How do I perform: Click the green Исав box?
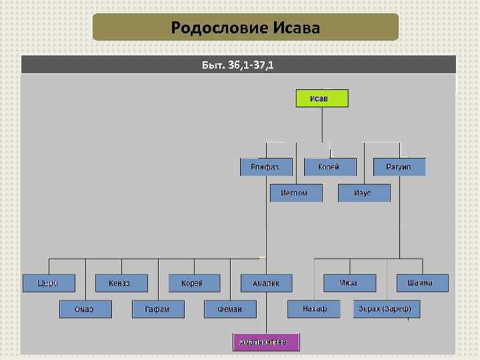point(322,99)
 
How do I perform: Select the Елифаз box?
point(266,167)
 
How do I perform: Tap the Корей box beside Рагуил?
point(329,167)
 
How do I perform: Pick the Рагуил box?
point(399,167)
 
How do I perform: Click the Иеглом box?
point(296,193)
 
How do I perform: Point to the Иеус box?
point(364,193)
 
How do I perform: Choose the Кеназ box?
point(121,283)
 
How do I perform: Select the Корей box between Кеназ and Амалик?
point(193,283)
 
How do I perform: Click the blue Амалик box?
point(266,283)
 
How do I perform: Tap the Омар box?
point(85,309)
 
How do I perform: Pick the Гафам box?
point(157,309)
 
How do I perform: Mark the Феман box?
point(230,309)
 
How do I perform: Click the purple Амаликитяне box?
point(266,342)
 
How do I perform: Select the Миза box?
point(349,283)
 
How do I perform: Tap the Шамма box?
point(422,283)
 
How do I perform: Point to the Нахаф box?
point(314,309)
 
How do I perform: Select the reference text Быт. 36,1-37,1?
point(238,65)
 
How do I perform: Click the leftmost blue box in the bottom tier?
point(48,283)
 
